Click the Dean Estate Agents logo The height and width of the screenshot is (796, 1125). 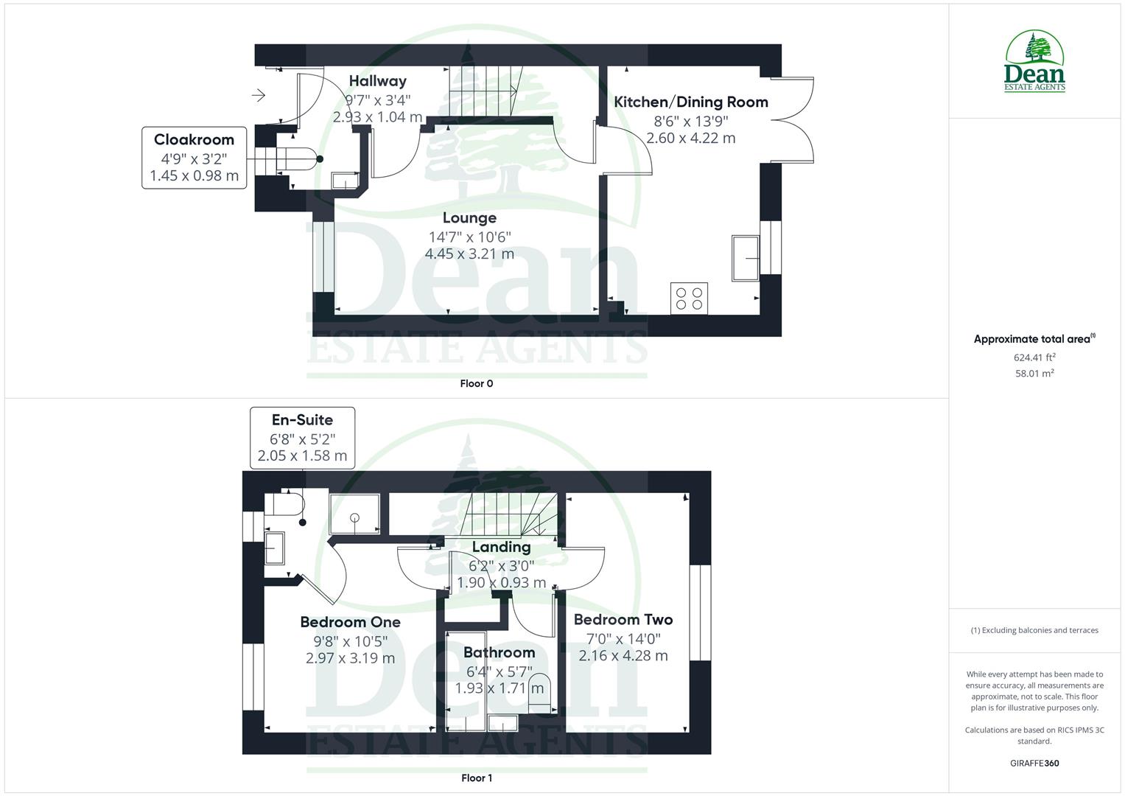(1034, 62)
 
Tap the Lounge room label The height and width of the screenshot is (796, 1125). (469, 218)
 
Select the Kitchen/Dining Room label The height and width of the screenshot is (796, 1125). (690, 102)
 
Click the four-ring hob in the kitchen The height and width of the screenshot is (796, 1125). (689, 298)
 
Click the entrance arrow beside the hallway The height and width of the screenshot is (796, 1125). (258, 95)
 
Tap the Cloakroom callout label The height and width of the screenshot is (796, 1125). (194, 140)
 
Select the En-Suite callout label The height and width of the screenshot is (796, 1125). (302, 420)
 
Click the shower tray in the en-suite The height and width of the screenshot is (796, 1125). (354, 514)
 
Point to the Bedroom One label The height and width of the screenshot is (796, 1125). (350, 622)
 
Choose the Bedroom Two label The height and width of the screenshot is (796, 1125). (623, 620)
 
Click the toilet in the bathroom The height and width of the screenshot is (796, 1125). (540, 693)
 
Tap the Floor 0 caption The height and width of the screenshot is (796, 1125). (476, 383)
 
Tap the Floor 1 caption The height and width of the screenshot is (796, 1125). (476, 778)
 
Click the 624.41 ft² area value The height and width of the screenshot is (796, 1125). (1034, 357)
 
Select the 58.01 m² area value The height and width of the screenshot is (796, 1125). (1034, 374)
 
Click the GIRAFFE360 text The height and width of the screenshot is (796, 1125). (1034, 763)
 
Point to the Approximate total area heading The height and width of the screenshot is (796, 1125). (1033, 340)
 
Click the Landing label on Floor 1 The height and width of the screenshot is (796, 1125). (501, 547)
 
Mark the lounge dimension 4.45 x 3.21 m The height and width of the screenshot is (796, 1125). (469, 254)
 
